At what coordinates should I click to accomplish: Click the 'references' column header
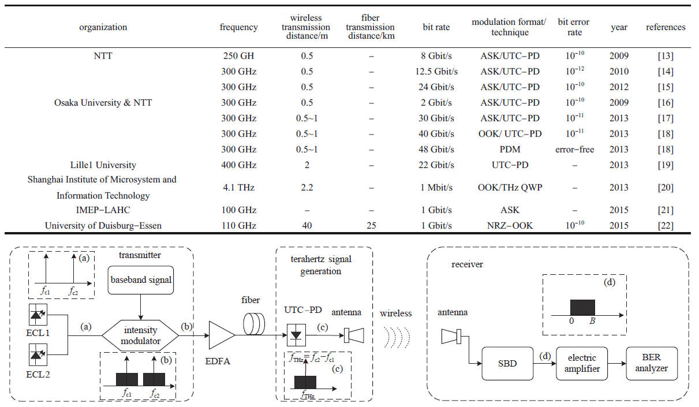click(x=665, y=27)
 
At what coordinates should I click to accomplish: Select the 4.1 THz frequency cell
click(x=238, y=188)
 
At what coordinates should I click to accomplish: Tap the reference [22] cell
click(x=665, y=225)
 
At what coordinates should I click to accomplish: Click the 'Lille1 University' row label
click(x=102, y=165)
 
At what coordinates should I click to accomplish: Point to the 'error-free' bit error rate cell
click(x=574, y=150)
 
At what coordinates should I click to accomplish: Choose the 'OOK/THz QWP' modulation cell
click(x=510, y=188)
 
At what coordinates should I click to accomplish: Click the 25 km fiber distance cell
click(x=371, y=225)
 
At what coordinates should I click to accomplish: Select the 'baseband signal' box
click(x=141, y=281)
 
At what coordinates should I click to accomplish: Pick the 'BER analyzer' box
click(x=655, y=364)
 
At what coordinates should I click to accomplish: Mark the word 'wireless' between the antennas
click(x=395, y=313)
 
